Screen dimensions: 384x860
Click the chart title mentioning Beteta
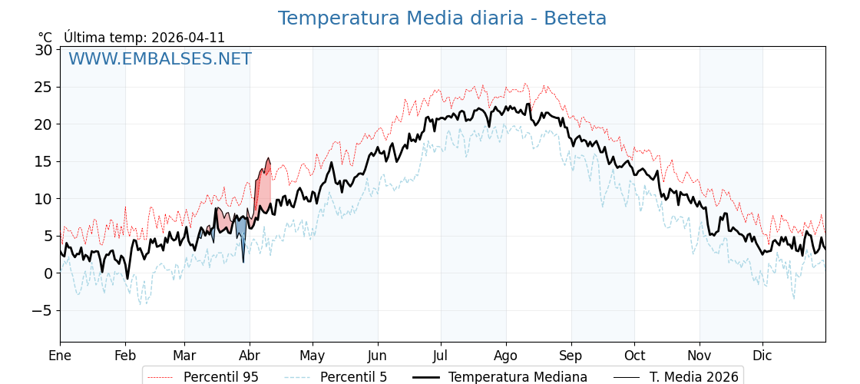[442, 18]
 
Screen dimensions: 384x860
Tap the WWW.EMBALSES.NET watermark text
[160, 59]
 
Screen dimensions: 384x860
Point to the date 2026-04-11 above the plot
[188, 38]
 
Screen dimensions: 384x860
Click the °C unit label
[45, 38]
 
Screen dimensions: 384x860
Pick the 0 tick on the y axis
[48, 273]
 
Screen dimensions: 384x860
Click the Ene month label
[60, 356]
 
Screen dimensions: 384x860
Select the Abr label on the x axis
[250, 356]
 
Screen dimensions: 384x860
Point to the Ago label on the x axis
[506, 356]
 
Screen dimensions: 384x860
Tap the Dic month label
[762, 356]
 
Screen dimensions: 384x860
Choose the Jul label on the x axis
[441, 356]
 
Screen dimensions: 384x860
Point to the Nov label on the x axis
[699, 356]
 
